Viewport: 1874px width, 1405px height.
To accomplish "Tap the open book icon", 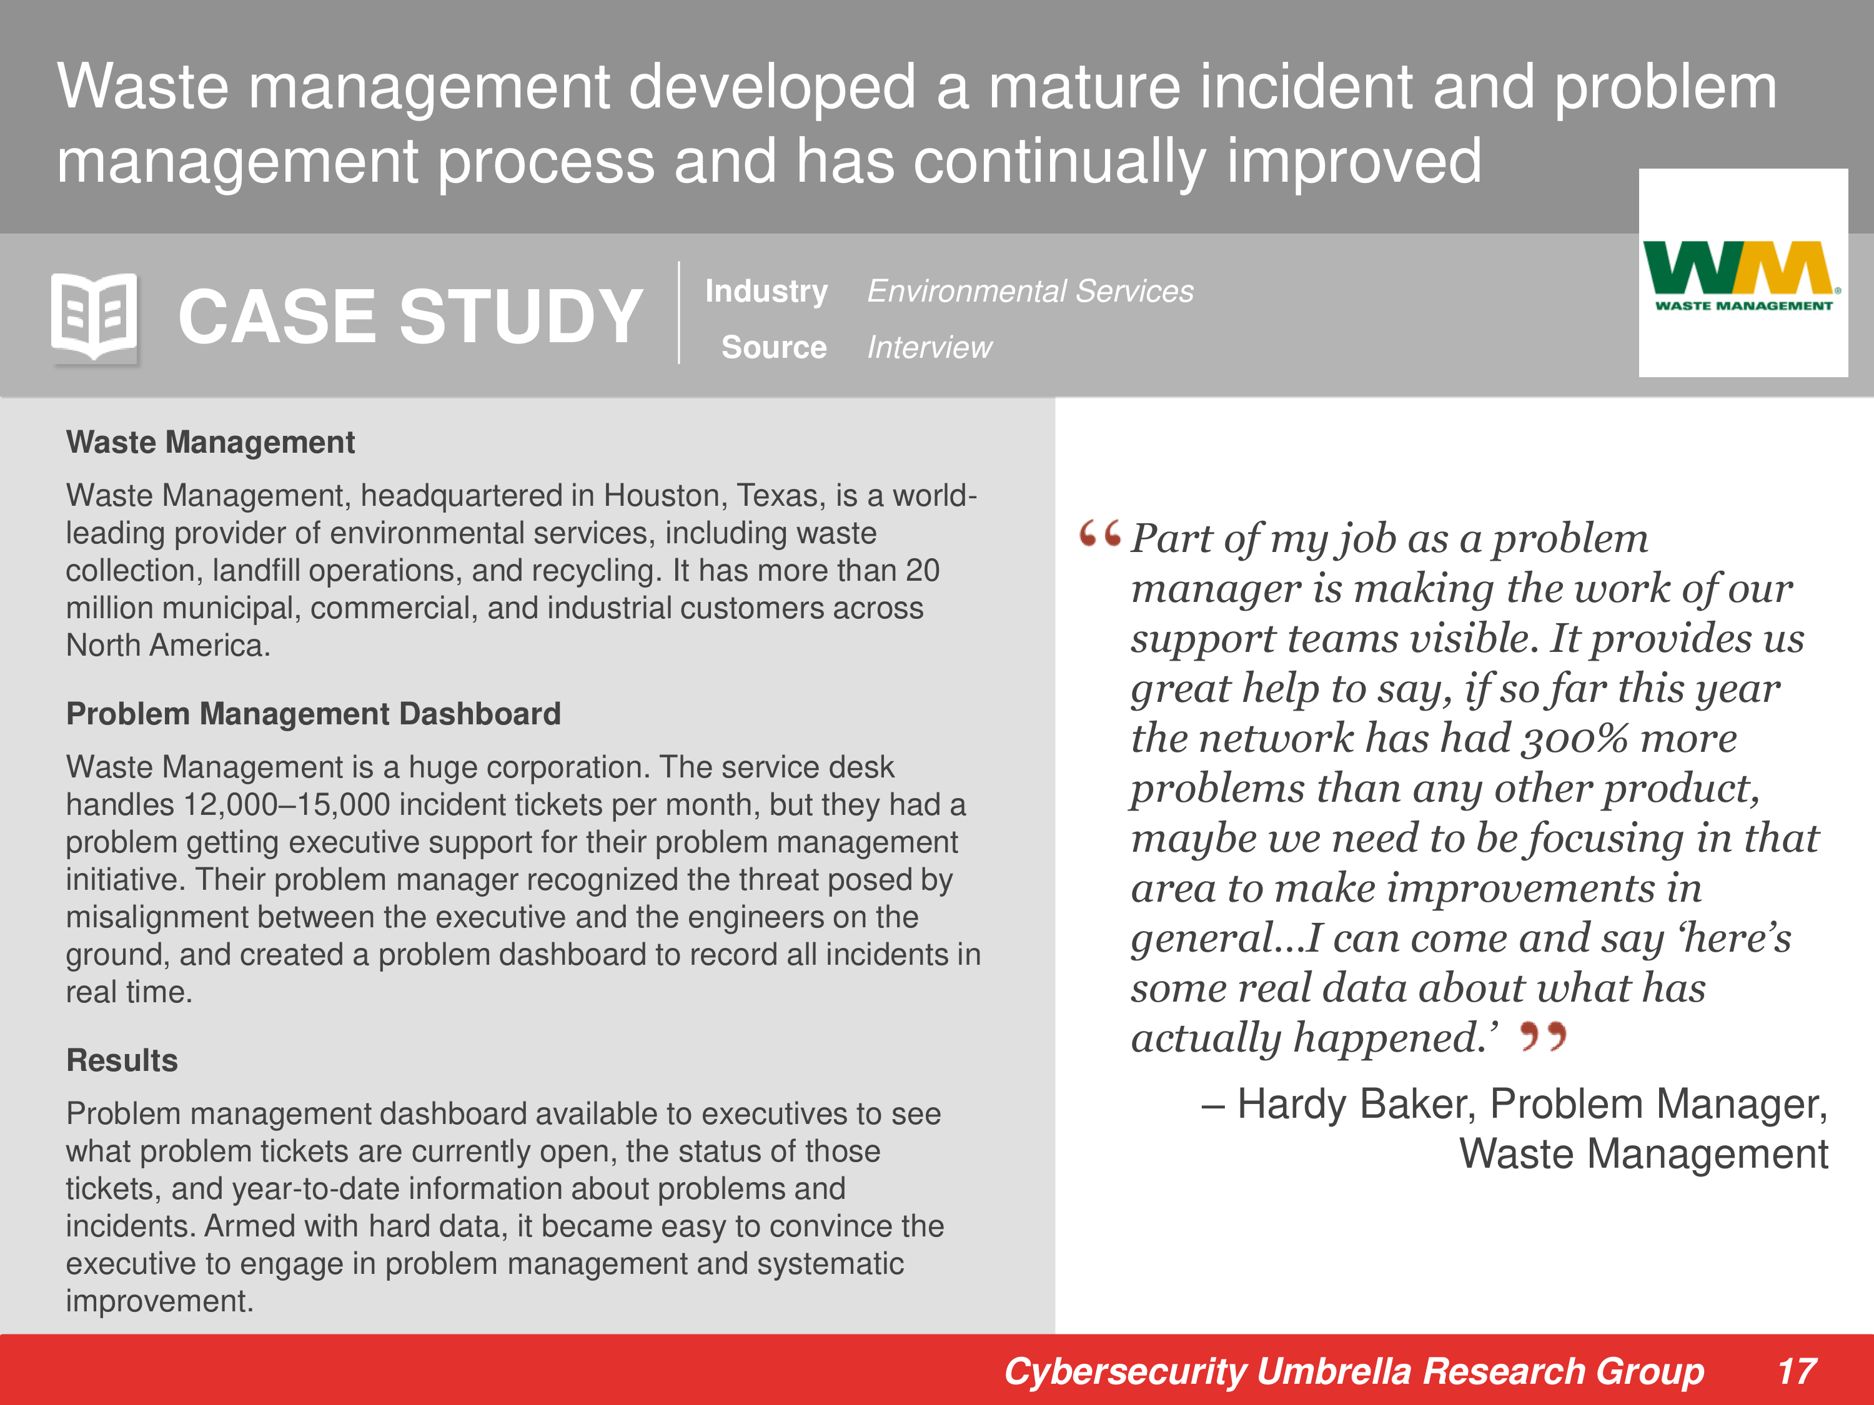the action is click(94, 316).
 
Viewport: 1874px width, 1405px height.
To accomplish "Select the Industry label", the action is click(766, 292).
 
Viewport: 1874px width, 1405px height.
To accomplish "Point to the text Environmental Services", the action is click(1030, 292).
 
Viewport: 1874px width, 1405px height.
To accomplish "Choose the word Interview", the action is click(930, 347).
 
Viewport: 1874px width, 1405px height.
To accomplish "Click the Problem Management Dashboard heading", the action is click(314, 714).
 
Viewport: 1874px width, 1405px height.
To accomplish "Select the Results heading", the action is click(122, 1060).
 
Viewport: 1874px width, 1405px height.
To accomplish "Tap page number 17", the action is click(1796, 1371).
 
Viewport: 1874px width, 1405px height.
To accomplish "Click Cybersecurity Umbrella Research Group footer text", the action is click(1354, 1371).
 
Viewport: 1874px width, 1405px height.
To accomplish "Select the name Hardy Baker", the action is click(1356, 1105).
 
